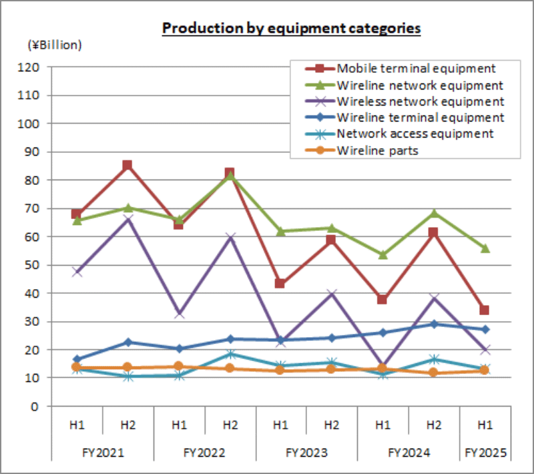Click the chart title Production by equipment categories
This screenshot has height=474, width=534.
tap(292, 29)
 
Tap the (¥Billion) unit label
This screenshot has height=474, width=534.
tap(54, 45)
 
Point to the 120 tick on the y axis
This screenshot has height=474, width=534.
tap(31, 67)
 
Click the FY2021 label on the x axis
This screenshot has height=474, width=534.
tap(101, 453)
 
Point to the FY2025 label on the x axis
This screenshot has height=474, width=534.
tap(485, 453)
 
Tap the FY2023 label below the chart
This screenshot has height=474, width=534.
tap(306, 453)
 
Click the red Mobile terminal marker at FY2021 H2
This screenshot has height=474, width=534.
tap(127, 166)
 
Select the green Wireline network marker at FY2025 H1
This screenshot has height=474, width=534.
tap(485, 248)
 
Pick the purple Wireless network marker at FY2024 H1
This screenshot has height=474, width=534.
tap(383, 368)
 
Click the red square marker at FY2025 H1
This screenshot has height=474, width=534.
tap(485, 310)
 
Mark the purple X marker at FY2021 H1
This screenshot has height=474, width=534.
tap(77, 272)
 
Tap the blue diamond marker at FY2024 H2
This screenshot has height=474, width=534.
tap(435, 324)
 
